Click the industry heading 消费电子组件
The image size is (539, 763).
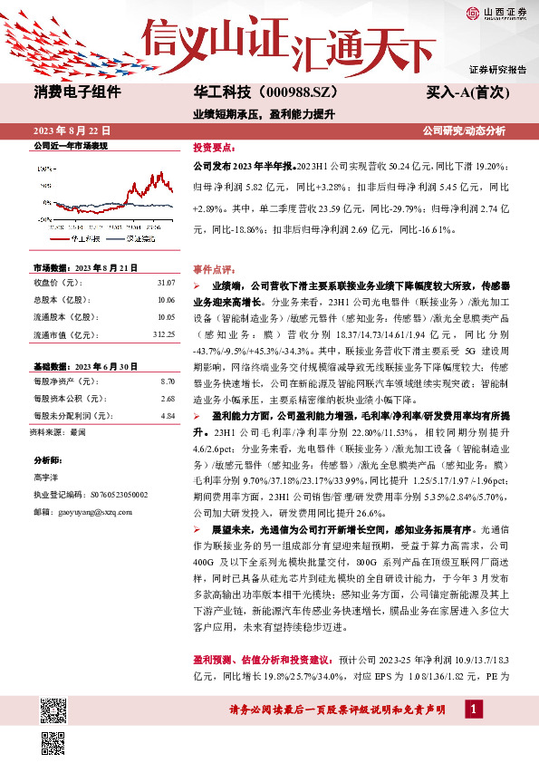72,92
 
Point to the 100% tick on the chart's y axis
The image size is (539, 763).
43,169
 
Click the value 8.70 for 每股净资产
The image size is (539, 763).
167,382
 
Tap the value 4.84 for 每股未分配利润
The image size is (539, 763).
167,416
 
